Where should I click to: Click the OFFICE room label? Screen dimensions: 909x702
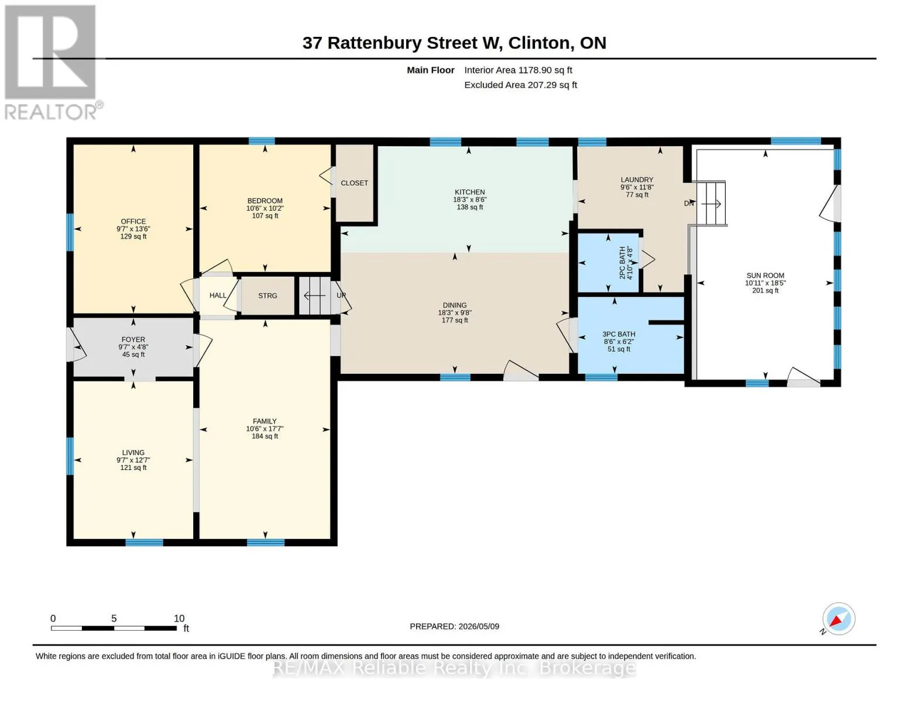point(133,221)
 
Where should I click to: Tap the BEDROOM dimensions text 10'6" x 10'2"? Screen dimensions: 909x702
point(265,208)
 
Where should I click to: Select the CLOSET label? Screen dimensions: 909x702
point(354,183)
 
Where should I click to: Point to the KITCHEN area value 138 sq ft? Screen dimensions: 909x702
point(470,207)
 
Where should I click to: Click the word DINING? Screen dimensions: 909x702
point(455,305)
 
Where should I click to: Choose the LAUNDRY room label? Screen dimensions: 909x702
point(637,180)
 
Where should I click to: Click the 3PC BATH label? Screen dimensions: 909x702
point(619,334)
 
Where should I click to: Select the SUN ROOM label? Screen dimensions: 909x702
point(765,276)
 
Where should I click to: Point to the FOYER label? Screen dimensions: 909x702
point(133,339)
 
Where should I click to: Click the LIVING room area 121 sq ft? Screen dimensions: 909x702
point(133,467)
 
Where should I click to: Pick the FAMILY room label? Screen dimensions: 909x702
point(265,421)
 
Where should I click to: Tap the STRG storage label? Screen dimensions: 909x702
point(267,295)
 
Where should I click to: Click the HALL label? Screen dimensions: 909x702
point(218,295)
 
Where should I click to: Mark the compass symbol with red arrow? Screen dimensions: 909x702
point(838,618)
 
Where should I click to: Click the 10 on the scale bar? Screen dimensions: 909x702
point(179,618)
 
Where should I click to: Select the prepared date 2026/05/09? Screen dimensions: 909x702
point(479,627)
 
